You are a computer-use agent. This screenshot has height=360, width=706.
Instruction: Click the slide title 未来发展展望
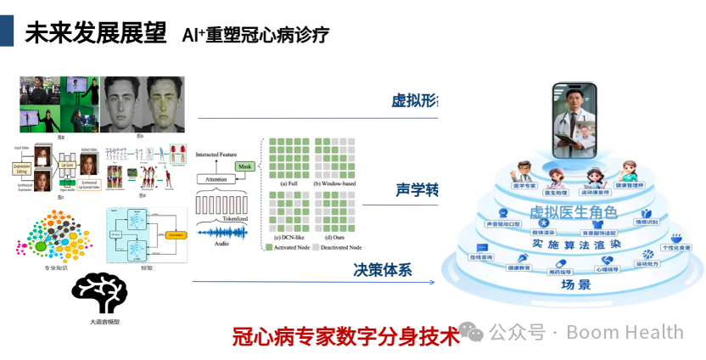(x=94, y=34)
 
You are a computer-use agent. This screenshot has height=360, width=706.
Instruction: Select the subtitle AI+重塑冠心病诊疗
(x=255, y=35)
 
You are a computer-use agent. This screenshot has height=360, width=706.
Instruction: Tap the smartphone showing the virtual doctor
(x=574, y=119)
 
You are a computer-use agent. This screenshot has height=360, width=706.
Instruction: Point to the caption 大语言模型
(x=104, y=323)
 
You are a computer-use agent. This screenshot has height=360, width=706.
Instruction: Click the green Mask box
(x=245, y=166)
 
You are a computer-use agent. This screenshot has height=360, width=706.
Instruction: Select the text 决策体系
(x=383, y=270)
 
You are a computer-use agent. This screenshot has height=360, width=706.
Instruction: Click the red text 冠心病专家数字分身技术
(x=345, y=335)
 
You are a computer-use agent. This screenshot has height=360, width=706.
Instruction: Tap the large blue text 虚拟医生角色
(x=574, y=212)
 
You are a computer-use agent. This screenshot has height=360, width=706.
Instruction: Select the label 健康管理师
(x=629, y=185)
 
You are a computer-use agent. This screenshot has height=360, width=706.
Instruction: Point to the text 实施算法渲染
(x=576, y=244)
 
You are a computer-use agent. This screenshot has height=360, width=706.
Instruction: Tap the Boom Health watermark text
(x=624, y=332)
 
